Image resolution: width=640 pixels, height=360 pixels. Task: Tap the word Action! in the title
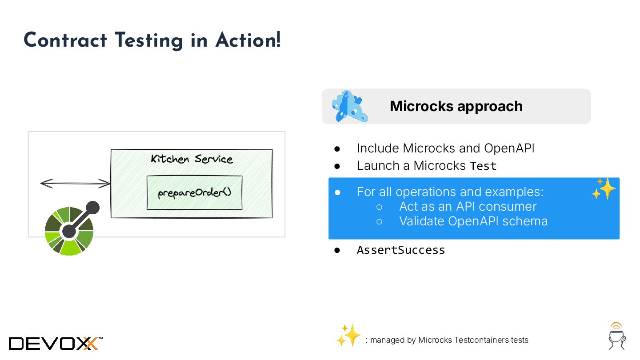pos(248,40)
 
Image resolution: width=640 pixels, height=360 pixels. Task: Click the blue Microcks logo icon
pos(350,107)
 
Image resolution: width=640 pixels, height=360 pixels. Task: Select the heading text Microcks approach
pos(456,106)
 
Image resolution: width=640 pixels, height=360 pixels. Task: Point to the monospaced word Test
pos(483,166)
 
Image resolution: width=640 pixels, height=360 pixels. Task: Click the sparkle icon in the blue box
pos(604,188)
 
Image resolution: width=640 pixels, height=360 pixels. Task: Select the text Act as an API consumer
pos(468,206)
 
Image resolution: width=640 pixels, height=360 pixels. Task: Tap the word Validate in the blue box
pos(421,221)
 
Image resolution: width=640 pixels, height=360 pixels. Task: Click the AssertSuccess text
pos(400,250)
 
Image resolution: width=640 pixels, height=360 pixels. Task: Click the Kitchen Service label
pos(192,159)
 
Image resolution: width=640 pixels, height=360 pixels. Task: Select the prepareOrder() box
pos(194,192)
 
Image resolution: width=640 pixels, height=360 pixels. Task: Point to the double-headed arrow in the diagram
pos(75,183)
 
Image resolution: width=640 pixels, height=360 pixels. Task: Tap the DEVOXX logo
pos(56,343)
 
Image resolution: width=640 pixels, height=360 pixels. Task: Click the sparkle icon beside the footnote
pos(348,335)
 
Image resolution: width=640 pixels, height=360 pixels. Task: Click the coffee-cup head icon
pos(617,336)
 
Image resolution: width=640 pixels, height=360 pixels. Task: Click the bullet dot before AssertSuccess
pos(337,250)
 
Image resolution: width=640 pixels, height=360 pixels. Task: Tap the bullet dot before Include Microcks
pos(337,148)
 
